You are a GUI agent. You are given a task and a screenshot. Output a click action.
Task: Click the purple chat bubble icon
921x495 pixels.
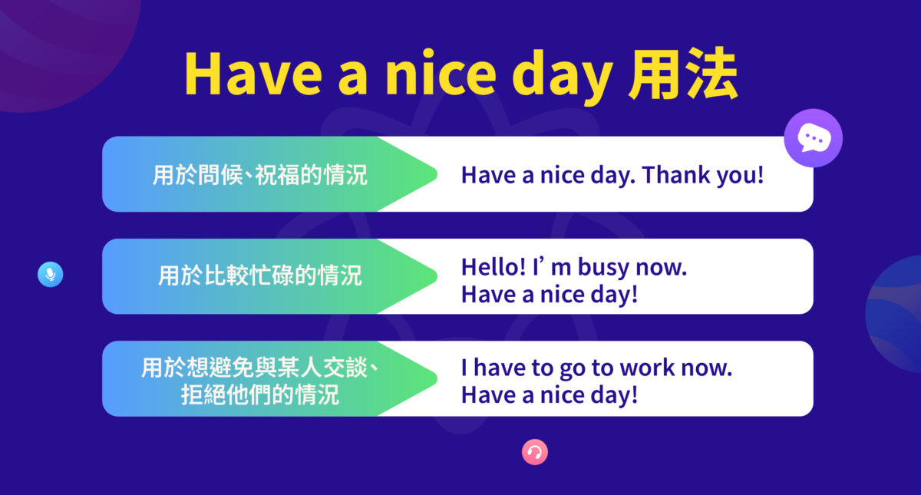[x=813, y=138]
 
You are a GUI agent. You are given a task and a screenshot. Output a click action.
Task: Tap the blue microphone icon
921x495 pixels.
[x=50, y=274]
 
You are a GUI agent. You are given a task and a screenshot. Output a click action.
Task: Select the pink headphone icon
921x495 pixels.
[x=535, y=452]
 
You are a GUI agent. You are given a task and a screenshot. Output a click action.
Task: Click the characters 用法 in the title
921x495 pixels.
[x=682, y=77]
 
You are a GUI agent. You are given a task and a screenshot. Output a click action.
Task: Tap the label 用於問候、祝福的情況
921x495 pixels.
[x=260, y=175]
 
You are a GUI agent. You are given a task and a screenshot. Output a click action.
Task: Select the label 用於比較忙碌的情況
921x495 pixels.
[x=260, y=276]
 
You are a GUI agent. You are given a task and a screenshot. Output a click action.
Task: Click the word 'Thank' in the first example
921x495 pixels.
[x=675, y=175]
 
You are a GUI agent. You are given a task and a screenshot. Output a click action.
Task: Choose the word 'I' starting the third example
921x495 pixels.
[x=464, y=368]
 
